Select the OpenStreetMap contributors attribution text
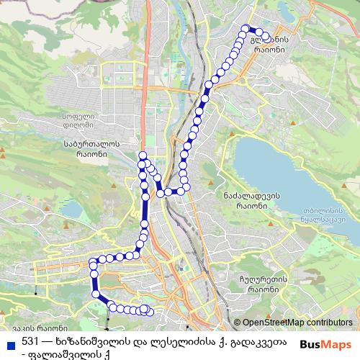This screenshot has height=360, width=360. [297, 323]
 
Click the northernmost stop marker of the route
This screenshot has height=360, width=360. [244, 29]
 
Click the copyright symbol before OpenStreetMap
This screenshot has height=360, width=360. [238, 323]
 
